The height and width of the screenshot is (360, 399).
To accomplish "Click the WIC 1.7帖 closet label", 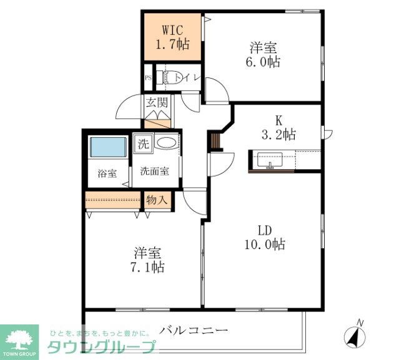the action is coord(172,37).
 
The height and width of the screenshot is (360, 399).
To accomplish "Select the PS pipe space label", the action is coord(149,77).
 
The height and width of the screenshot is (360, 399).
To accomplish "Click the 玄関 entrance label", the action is coord(157,103).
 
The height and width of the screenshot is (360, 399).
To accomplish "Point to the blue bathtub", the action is coord(109,147).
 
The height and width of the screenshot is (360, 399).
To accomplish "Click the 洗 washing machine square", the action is coord(144,144).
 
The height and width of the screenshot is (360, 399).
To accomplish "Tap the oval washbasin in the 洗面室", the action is coord(167,143).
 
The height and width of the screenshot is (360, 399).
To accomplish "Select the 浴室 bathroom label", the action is coord(107,173).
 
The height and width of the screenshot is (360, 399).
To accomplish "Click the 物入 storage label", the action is coord(157,200).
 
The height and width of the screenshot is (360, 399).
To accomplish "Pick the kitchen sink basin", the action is coord(270,160).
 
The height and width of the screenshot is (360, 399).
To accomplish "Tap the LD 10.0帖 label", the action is coord(265,238).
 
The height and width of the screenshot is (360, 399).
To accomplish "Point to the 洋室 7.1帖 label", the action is coord(147,260).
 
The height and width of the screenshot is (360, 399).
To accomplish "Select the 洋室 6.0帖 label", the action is coord(263,54).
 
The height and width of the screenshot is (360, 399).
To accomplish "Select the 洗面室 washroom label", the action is coord(155,171).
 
